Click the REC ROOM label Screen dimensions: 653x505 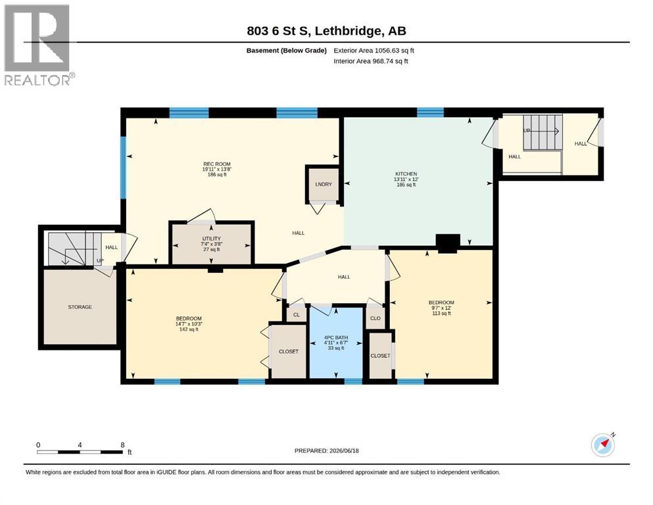point(216,164)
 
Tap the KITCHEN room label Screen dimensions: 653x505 point(406,174)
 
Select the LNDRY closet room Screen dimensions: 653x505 point(324,184)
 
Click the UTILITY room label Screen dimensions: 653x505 point(212,239)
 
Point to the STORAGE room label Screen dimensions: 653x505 point(80,307)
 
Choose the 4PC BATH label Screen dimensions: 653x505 point(335,337)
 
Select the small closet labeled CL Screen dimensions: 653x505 point(297,315)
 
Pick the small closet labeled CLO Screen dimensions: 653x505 point(375,318)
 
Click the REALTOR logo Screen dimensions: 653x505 point(39,45)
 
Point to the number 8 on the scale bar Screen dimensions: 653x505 point(122,445)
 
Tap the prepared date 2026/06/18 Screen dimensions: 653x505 point(344,450)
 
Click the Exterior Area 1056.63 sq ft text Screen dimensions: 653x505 point(374,51)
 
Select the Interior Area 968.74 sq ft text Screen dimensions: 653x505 point(371,60)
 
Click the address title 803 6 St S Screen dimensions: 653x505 point(279,31)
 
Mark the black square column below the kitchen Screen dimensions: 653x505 point(448,243)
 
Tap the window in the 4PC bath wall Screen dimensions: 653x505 point(353,381)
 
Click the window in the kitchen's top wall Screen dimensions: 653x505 point(430,112)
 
